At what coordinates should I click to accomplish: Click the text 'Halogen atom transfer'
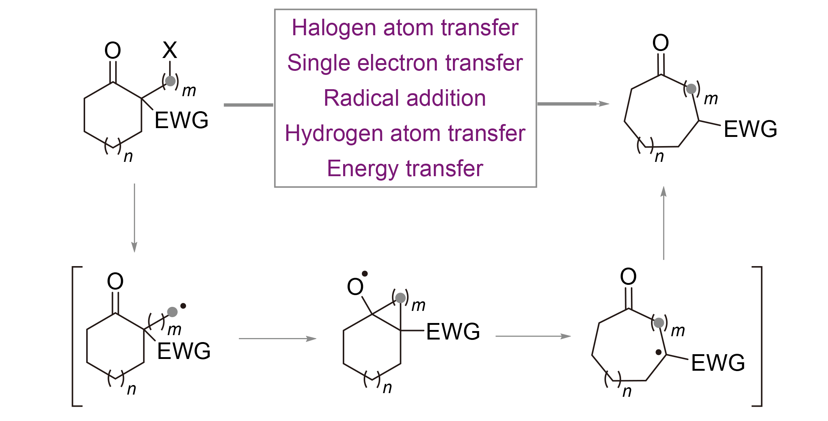coord(405,28)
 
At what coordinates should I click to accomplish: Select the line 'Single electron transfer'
coord(405,63)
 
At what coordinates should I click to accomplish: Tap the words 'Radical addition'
coord(405,98)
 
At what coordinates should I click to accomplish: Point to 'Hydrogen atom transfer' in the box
coord(405,133)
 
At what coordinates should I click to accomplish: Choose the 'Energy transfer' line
coord(405,168)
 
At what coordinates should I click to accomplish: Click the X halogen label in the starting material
coord(170,50)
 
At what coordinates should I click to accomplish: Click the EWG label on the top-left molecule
coord(181,120)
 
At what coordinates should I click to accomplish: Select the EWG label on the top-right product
coord(750,129)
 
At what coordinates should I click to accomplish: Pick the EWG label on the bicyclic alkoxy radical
coord(453,331)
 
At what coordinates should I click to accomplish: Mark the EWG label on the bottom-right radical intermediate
coord(718,363)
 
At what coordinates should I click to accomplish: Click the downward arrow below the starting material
coord(134,218)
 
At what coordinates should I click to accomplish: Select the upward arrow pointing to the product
coord(664,223)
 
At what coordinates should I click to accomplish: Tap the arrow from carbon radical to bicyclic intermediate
coord(278,338)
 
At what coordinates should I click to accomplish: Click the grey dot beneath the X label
coord(170,81)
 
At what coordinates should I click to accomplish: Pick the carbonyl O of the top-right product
coord(661,43)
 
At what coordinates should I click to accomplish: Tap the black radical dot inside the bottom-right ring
coord(658,352)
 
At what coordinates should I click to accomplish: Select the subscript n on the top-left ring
coord(128,157)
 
